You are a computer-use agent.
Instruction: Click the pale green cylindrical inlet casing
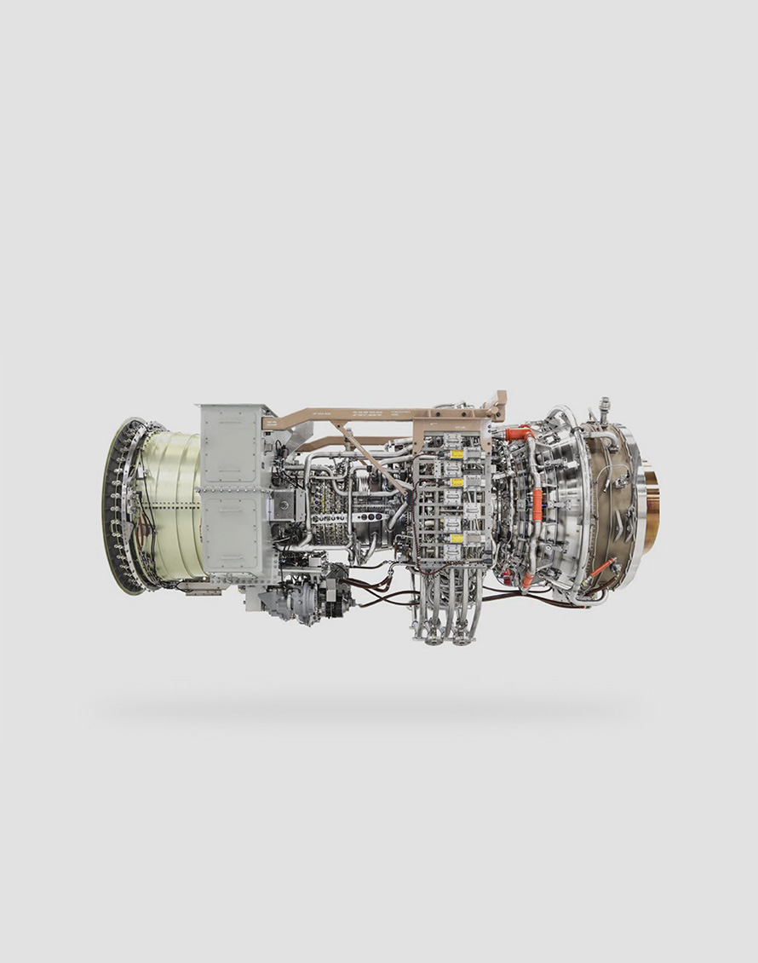tap(175, 503)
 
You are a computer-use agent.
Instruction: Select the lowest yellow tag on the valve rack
tap(457, 539)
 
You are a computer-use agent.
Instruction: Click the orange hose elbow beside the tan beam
tap(520, 434)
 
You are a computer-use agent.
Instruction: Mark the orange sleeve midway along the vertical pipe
tap(537, 504)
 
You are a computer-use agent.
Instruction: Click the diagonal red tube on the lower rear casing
tap(602, 567)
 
